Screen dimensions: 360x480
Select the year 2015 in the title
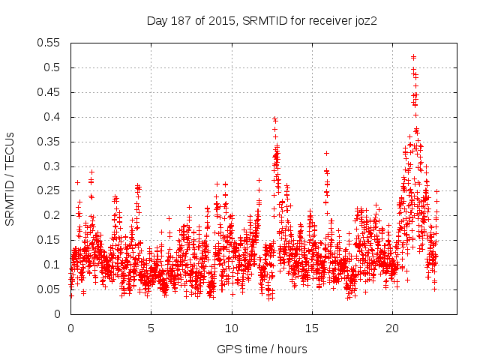click(217, 21)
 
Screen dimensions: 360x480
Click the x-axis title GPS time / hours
click(262, 349)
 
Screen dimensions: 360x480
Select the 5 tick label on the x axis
click(151, 328)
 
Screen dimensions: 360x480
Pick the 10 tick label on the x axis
click(232, 328)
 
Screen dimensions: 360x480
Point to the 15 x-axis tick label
click(312, 328)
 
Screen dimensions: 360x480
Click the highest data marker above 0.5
click(413, 57)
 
